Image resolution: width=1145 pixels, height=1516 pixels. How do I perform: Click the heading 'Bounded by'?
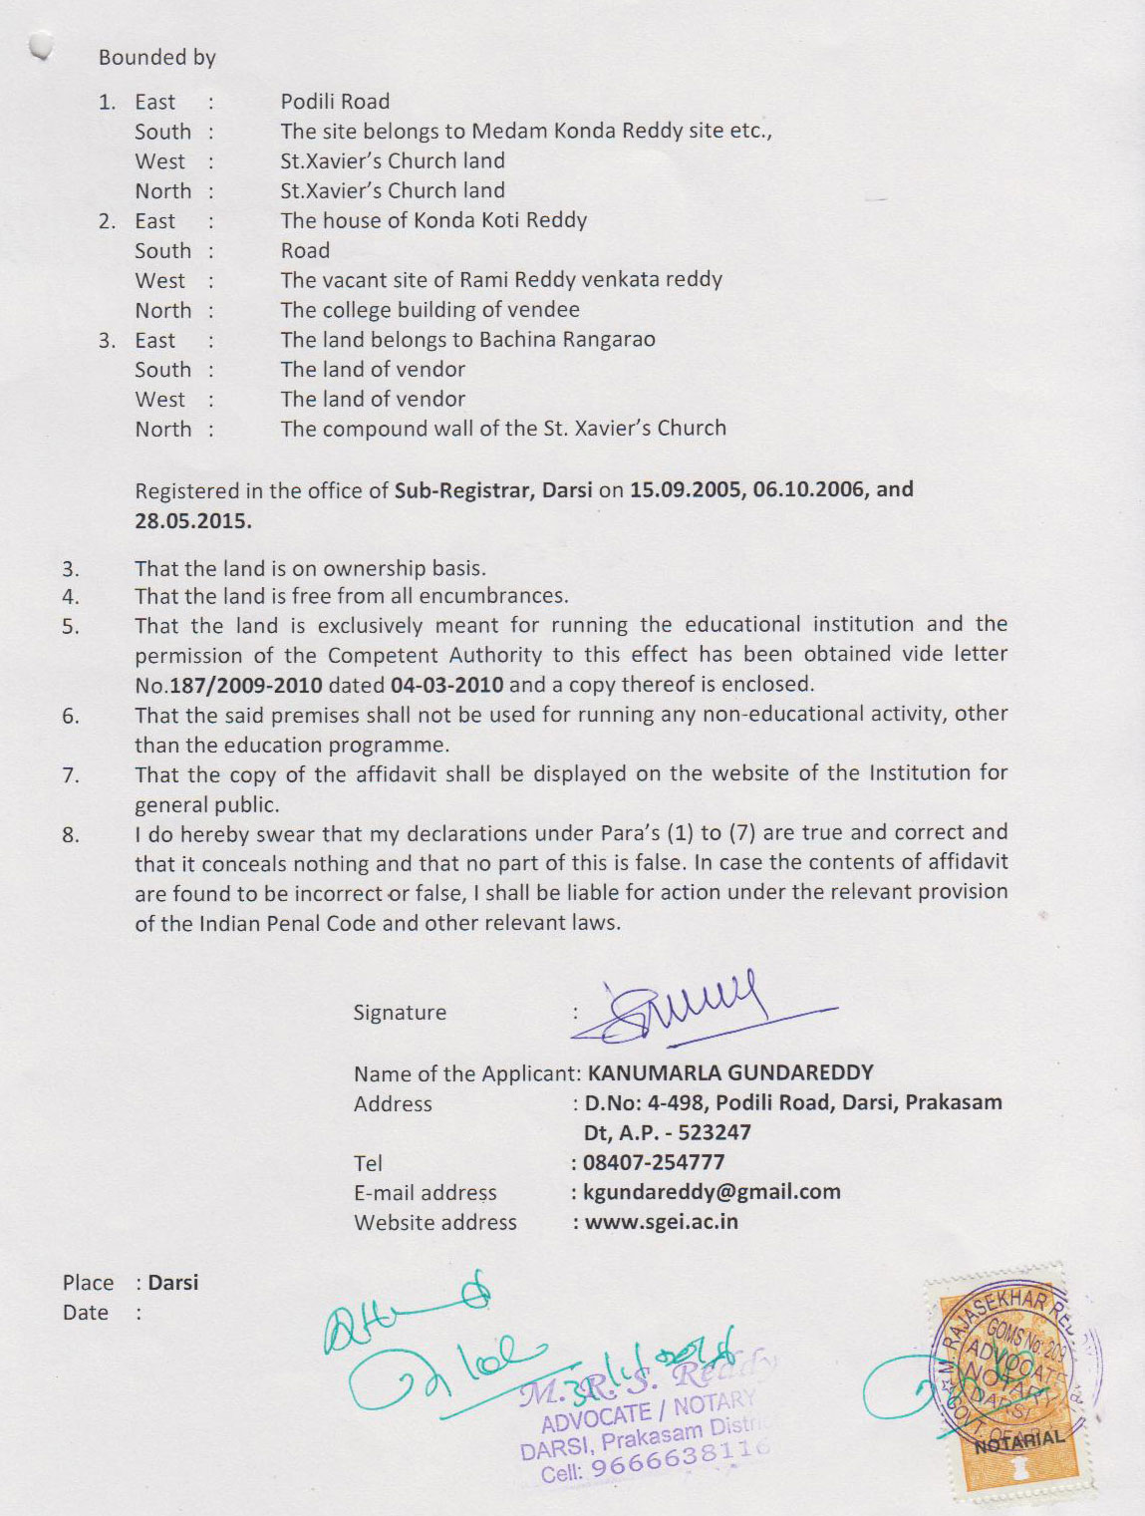(156, 58)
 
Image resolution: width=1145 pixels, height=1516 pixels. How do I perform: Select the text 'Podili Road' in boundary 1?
(335, 102)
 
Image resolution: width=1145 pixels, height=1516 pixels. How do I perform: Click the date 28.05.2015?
(193, 520)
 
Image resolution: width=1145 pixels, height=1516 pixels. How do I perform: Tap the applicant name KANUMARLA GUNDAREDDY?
(730, 1073)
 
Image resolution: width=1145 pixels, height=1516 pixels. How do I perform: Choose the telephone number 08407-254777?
(655, 1162)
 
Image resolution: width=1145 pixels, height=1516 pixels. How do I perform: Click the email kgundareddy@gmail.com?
(712, 1192)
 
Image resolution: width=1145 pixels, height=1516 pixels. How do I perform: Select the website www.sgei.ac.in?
(661, 1222)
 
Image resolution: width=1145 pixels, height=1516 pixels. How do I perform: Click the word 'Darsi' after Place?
(173, 1283)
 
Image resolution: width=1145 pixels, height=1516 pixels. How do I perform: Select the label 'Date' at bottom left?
(86, 1313)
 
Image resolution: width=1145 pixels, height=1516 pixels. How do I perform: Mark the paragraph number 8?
(71, 834)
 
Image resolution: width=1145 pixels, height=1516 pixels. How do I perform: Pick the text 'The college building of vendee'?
(429, 310)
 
